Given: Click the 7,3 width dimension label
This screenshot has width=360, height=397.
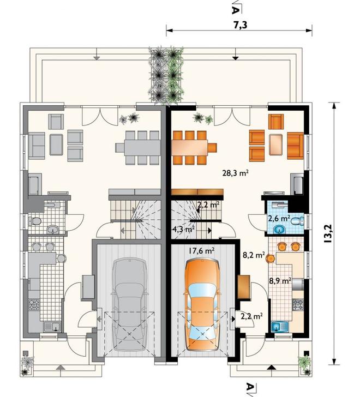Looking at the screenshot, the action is coord(239,25).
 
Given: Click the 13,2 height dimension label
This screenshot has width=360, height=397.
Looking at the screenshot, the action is coord(328,234).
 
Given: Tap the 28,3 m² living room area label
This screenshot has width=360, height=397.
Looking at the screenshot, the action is coord(235,173).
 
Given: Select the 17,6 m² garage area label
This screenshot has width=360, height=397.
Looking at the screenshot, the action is coord(201,250).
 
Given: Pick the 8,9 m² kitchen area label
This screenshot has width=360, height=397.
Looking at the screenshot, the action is coord(280,280).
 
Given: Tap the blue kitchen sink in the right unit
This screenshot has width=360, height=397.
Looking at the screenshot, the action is coord(280,326).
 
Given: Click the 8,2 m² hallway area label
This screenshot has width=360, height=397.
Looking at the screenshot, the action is coord(254,255).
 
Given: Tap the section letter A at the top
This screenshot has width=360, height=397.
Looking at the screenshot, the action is coord(235,10).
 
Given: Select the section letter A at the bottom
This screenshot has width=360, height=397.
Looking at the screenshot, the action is coord(250,387).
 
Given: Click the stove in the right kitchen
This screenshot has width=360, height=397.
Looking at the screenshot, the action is coord(298,305).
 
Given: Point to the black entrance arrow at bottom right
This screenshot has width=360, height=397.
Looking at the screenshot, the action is coord(272,367).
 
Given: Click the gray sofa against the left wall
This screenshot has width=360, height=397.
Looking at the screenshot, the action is coord(37,146).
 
